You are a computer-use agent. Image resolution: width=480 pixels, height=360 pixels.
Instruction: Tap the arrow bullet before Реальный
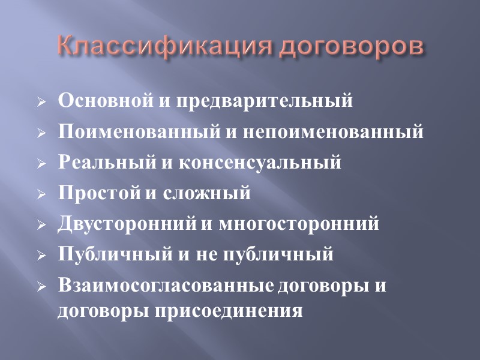(x=41, y=164)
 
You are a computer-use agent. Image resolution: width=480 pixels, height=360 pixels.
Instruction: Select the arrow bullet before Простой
(x=41, y=195)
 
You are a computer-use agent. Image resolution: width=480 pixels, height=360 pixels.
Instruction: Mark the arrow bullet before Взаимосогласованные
(x=41, y=287)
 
